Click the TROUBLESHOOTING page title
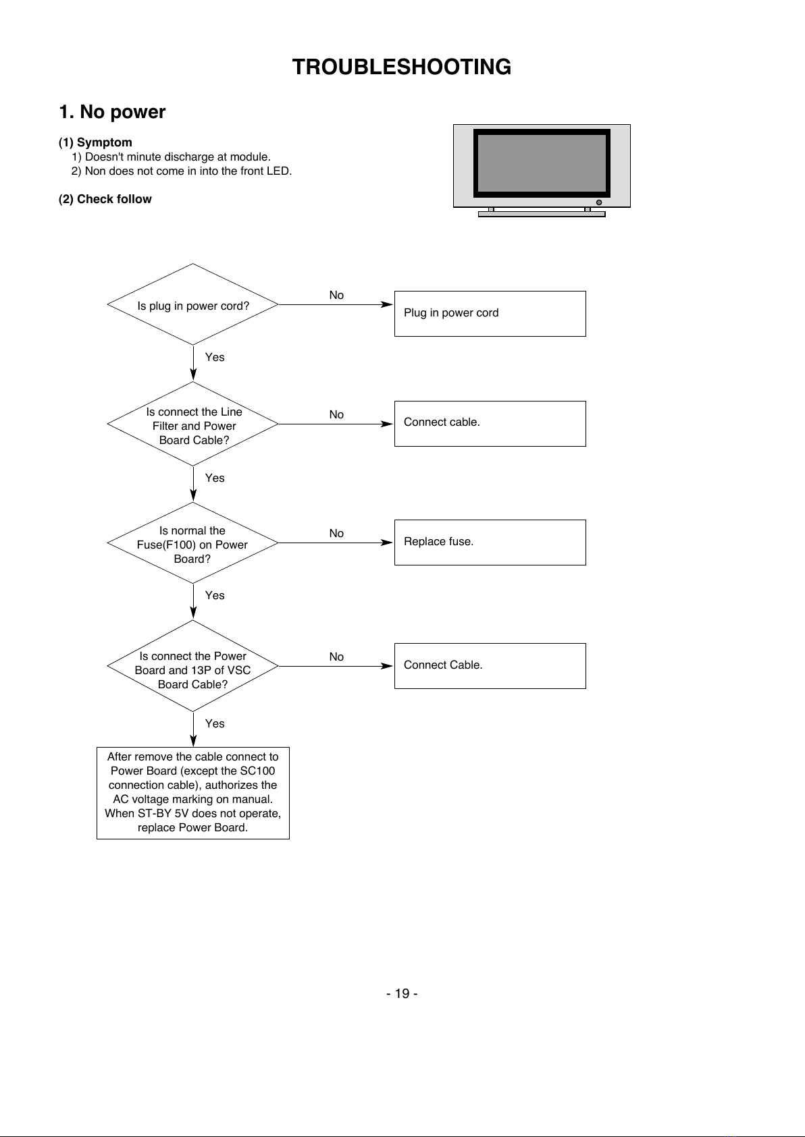(401, 67)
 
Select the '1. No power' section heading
(112, 111)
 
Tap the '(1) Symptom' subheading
(95, 142)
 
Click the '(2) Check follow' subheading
(105, 199)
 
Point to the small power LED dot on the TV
(599, 202)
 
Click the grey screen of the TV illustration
(542, 163)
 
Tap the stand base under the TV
(542, 214)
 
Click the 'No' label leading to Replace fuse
(336, 533)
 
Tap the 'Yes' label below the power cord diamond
(215, 357)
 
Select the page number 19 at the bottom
(402, 993)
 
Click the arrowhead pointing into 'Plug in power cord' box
(387, 304)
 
